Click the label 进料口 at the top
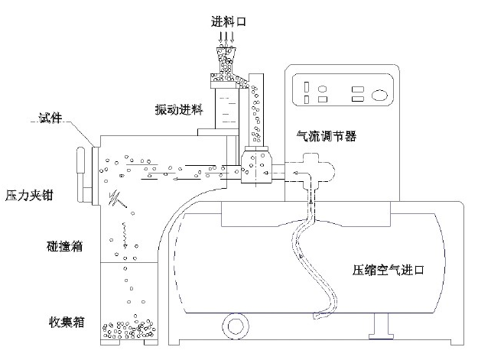tap(227, 21)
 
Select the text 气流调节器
tap(327, 136)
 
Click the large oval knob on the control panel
tap(380, 95)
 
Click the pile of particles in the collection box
tap(130, 331)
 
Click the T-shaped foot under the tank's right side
tap(380, 332)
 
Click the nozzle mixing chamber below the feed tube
tap(255, 166)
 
